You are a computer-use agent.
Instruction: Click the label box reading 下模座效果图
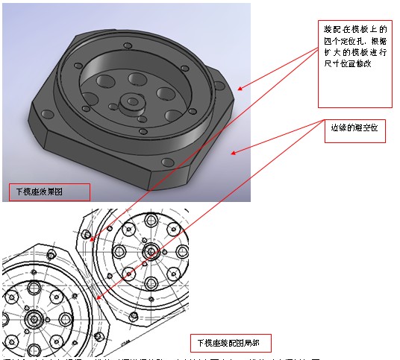coord(49,192)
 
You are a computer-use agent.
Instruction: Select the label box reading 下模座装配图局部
coord(230,343)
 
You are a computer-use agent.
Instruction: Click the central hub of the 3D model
coord(131,102)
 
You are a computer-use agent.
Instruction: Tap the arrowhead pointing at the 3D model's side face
coord(233,154)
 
